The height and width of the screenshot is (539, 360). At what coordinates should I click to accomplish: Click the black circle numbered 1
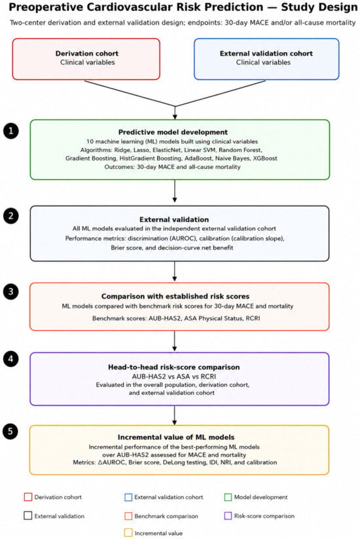[x=10, y=131]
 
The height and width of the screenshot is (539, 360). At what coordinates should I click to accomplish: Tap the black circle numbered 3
[x=10, y=291]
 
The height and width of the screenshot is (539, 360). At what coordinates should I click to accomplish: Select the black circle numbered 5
[x=10, y=431]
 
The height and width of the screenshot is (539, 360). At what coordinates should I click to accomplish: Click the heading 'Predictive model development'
[x=173, y=132]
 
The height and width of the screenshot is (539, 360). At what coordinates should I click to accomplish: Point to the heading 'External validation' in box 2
[x=174, y=219]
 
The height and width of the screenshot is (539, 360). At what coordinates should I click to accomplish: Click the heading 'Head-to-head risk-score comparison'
[x=174, y=367]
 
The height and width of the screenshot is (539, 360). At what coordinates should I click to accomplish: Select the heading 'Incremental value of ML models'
[x=176, y=437]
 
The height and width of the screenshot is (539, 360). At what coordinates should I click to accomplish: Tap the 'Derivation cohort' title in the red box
[x=87, y=54]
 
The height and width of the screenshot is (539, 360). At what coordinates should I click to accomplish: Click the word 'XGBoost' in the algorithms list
[x=265, y=158]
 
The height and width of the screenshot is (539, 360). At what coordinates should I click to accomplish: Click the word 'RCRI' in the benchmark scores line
[x=253, y=318]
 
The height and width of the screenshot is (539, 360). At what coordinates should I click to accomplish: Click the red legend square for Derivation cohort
[x=28, y=497]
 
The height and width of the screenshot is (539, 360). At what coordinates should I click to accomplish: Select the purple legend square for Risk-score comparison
[x=228, y=515]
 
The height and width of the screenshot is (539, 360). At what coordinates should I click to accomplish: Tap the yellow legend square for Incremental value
[x=128, y=533]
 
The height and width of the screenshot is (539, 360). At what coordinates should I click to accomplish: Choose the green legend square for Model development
[x=228, y=497]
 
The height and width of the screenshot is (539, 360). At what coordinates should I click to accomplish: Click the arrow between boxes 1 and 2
[x=175, y=191]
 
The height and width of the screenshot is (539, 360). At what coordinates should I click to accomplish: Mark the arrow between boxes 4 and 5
[x=175, y=415]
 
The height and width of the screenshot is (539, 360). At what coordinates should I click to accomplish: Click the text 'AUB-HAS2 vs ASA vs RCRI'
[x=174, y=377]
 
